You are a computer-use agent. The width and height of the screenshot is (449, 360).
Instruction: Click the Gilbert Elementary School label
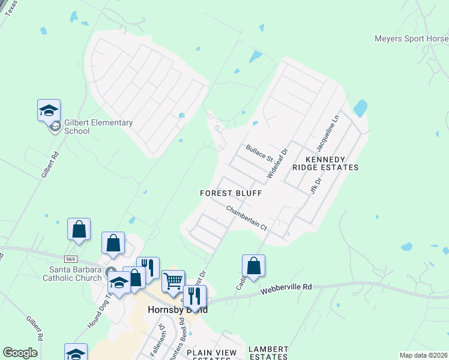(98, 127)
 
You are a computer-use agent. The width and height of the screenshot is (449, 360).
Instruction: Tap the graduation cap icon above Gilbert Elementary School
(49, 110)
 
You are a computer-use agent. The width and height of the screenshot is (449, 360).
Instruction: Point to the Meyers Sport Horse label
(411, 38)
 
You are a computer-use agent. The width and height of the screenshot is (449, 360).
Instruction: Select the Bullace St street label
(259, 152)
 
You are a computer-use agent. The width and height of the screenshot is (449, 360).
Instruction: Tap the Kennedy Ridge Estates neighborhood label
(324, 163)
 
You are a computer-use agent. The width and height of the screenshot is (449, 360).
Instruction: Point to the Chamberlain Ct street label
(246, 218)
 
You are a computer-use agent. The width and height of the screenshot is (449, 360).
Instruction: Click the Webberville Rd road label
(286, 290)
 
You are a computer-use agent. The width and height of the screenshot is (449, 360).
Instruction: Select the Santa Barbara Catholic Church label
(70, 274)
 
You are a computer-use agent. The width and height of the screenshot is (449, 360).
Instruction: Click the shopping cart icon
(173, 280)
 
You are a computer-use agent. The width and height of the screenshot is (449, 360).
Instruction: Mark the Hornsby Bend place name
(178, 310)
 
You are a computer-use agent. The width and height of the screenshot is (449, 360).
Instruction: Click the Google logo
(20, 353)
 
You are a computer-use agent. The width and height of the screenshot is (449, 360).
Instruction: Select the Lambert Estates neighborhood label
(268, 353)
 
